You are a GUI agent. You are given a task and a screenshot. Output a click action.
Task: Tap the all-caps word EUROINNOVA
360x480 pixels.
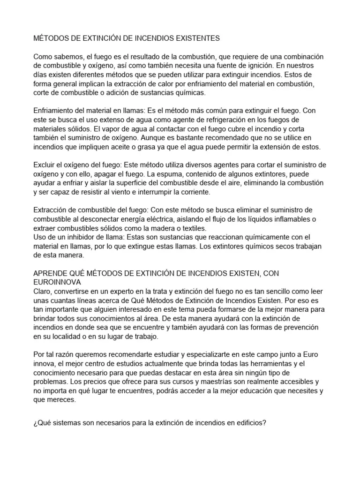tap(57, 282)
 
